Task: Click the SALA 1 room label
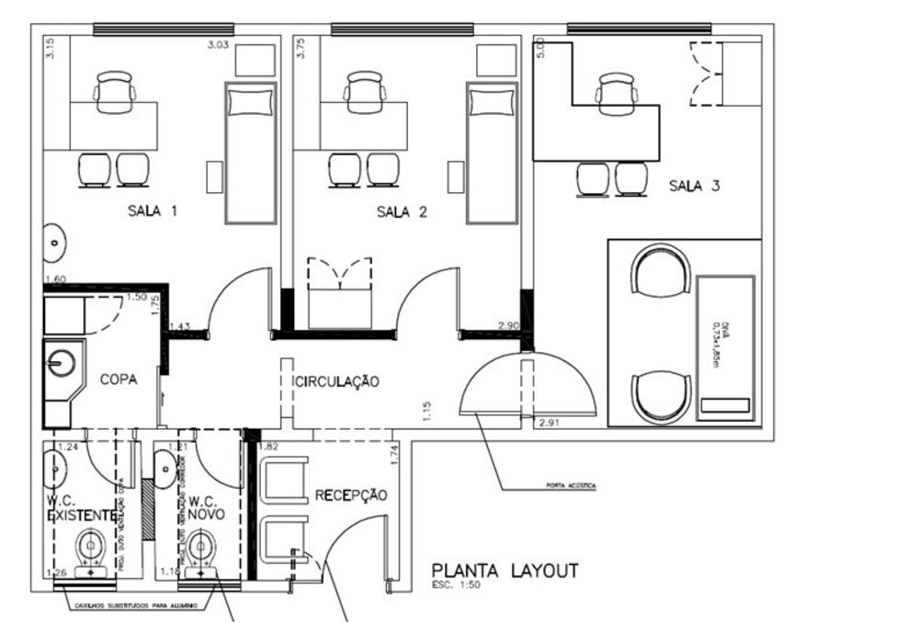tap(152, 211)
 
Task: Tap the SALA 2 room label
tap(402, 212)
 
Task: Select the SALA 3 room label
tap(693, 187)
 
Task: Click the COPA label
tap(119, 379)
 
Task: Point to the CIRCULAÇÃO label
tap(335, 381)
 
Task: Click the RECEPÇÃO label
tap(351, 495)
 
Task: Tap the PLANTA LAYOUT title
tap(505, 571)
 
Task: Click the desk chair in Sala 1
tap(115, 92)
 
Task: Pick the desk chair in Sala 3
tap(616, 93)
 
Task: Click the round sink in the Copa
tap(62, 364)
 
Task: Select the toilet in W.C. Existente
tap(91, 549)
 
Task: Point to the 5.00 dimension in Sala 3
tap(541, 48)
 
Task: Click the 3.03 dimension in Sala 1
tap(218, 43)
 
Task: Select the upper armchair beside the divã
tap(660, 269)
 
